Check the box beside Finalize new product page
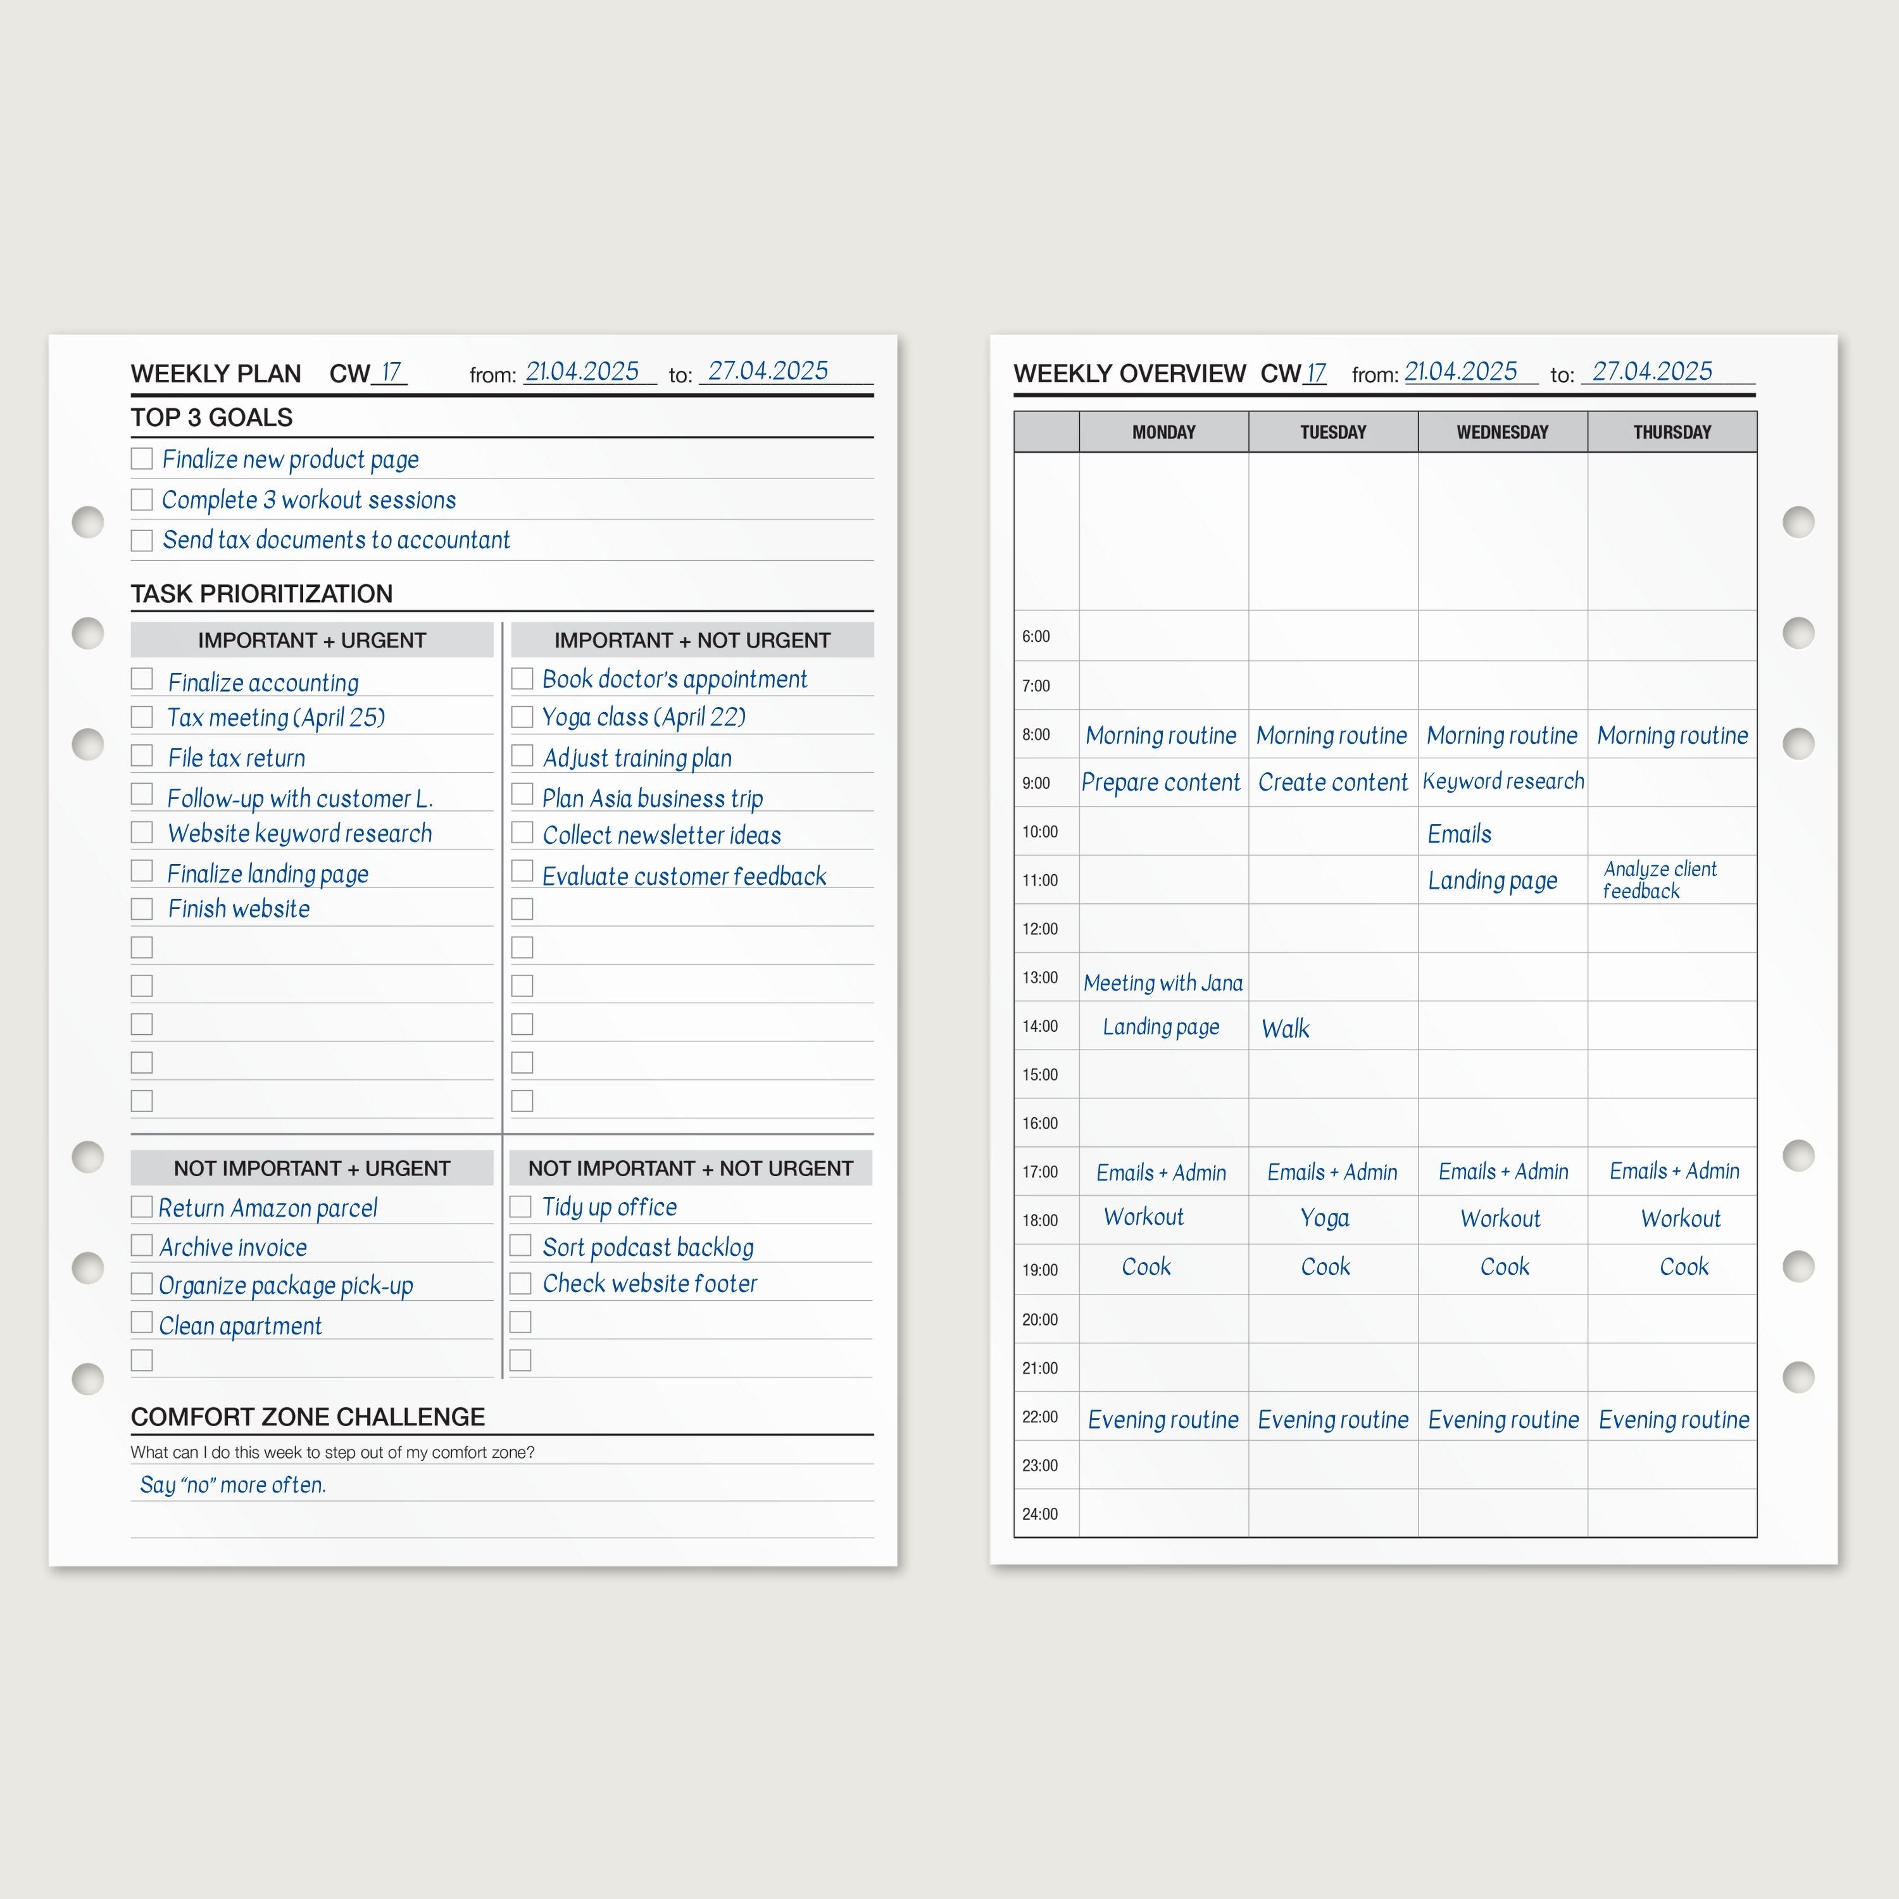(142, 459)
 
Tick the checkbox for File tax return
(142, 756)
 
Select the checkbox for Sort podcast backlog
(521, 1245)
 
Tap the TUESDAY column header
(1333, 432)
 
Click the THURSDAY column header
(1672, 432)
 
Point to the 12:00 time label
(1040, 929)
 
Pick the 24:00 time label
(1040, 1514)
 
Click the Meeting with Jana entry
(1163, 983)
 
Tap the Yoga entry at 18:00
(1325, 1219)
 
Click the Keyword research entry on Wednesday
(1503, 781)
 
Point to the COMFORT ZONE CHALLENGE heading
(308, 1417)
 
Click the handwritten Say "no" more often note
(233, 1484)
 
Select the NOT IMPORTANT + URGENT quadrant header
(311, 1169)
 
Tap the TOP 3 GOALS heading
(211, 418)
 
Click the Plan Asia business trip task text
(653, 798)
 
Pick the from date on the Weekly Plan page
(582, 372)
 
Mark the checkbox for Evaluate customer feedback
(522, 872)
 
